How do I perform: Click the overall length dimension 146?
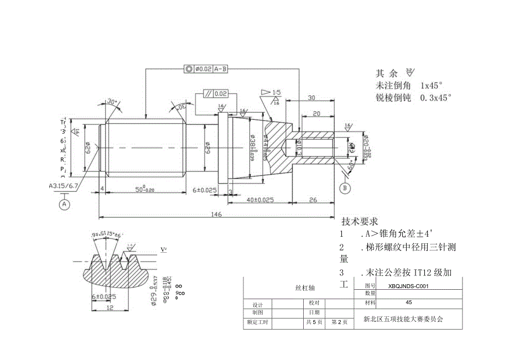pos(215,214)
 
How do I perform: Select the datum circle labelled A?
pos(64,204)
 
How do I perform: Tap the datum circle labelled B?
pos(345,188)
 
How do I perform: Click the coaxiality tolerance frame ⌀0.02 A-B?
pos(207,69)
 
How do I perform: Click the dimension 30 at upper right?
pos(311,98)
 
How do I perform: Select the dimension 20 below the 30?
pos(316,113)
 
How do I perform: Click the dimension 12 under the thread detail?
pos(110,307)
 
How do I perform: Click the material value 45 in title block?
pos(409,302)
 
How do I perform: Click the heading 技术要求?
pos(360,221)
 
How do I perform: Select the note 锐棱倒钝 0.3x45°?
pos(413,97)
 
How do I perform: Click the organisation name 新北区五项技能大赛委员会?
pos(404,319)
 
